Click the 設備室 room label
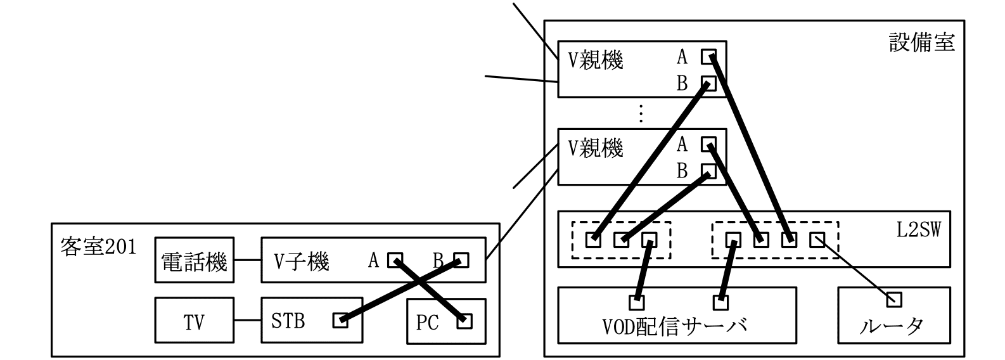click(x=921, y=42)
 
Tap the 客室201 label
click(x=98, y=245)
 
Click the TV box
click(x=195, y=321)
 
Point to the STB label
click(x=288, y=321)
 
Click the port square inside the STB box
click(x=340, y=321)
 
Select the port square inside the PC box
click(x=464, y=321)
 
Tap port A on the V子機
click(x=395, y=260)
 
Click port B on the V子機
click(x=461, y=260)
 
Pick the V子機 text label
click(x=301, y=260)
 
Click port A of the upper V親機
click(x=708, y=57)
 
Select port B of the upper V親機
click(x=708, y=84)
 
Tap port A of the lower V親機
click(x=708, y=145)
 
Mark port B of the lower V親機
click(x=708, y=170)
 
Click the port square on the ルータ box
click(x=894, y=299)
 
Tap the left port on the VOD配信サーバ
click(x=637, y=302)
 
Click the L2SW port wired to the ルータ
click(x=817, y=240)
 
